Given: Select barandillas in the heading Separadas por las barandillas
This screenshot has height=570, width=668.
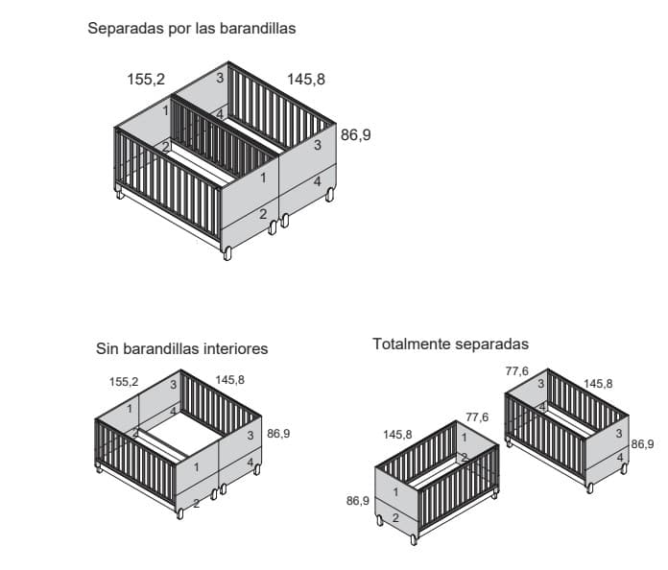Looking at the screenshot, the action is [258, 28].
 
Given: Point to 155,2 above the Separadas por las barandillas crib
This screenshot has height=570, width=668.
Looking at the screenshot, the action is [146, 80].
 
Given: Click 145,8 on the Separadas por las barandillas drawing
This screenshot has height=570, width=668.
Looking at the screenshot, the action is [306, 80].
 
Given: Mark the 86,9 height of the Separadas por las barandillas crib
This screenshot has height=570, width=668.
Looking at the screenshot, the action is [356, 135].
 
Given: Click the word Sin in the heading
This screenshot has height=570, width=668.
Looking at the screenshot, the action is [107, 348].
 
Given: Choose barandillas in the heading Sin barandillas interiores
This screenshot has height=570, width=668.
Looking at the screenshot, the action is [159, 348].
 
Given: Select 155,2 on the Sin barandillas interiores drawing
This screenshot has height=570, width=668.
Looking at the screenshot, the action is [124, 382].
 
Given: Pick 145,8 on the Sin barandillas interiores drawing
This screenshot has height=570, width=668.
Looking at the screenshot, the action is [230, 380].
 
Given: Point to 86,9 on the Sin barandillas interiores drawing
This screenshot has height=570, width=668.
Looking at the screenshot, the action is [278, 433].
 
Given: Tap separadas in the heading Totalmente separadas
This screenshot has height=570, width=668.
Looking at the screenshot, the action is [489, 344].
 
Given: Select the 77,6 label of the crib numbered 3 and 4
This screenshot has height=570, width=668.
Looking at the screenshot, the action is [517, 371].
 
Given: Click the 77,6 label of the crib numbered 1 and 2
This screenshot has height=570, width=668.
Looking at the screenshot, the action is [477, 417].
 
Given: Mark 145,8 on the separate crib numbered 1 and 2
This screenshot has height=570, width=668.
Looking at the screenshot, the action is [397, 435].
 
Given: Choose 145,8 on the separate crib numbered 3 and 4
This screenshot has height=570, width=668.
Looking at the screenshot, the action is [598, 384].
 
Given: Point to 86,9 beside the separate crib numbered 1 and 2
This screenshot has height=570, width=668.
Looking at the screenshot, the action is [358, 501].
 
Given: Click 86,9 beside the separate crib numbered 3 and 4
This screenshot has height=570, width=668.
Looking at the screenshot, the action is [642, 444].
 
